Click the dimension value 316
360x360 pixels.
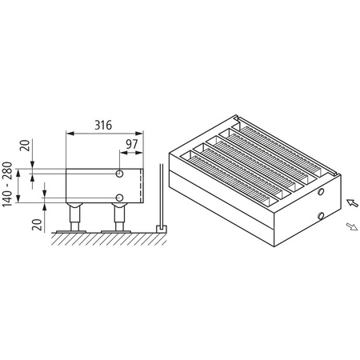[x=102, y=126]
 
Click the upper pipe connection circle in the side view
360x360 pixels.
[x=119, y=173]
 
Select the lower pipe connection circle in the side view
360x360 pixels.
[x=119, y=197]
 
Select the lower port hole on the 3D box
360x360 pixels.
[x=320, y=214]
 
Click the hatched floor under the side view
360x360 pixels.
[x=104, y=237]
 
